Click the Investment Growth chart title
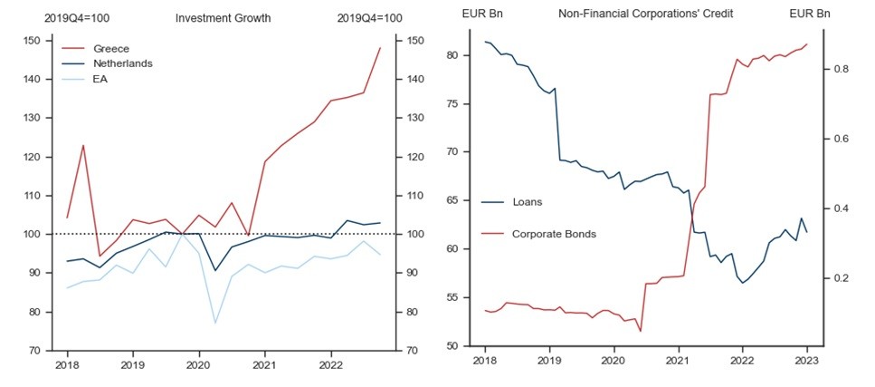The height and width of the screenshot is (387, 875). coord(223,17)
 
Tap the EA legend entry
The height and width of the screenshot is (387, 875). coord(102,79)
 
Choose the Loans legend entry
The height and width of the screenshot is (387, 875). coord(528,201)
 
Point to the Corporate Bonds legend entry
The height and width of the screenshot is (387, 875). coord(554,234)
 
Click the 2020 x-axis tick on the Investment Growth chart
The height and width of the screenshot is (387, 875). coord(199,366)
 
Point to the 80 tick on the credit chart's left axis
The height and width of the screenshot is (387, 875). coord(459,55)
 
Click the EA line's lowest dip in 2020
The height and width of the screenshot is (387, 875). coord(215,324)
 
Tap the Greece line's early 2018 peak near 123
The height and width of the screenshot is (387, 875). coord(83,145)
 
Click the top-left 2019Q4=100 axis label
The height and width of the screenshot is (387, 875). coord(77,17)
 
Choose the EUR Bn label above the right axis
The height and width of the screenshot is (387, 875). coord(809,14)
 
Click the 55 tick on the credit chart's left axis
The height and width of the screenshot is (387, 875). coord(459,297)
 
